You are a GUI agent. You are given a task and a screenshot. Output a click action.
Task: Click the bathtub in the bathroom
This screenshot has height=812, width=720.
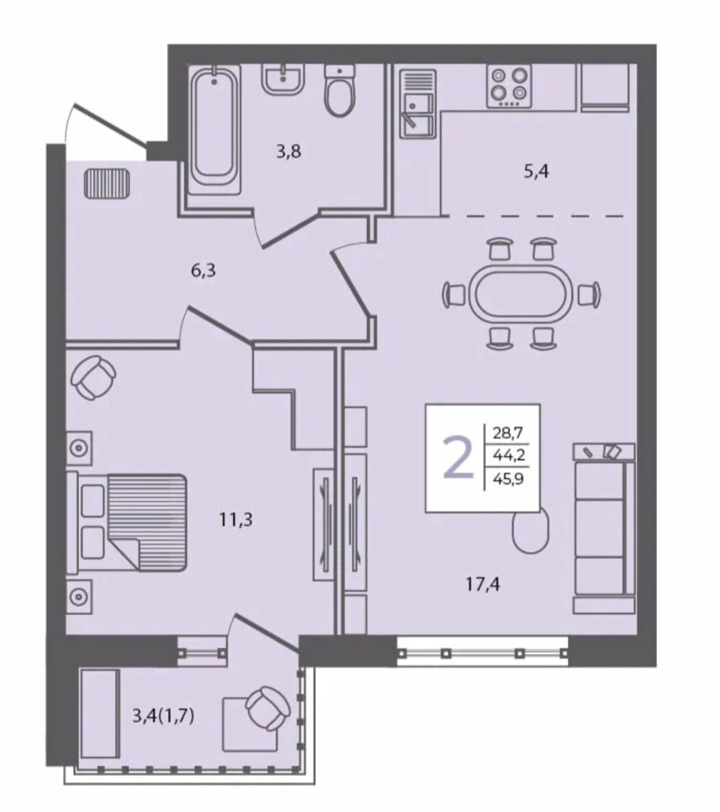point(215,129)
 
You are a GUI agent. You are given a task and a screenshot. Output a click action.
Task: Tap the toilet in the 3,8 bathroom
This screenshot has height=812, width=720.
point(340,90)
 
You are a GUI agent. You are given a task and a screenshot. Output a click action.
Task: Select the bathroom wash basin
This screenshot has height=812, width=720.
point(283,79)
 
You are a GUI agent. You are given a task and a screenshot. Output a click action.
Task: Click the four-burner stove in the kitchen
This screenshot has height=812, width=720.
point(509,86)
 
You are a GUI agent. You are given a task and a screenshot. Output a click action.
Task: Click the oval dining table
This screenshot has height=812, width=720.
point(521,293)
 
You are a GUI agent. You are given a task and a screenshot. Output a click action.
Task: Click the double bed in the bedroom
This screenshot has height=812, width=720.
point(127,522)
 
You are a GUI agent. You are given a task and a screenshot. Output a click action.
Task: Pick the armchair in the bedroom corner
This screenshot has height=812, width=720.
point(93,377)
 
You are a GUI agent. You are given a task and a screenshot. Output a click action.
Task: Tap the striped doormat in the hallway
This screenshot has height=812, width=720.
point(107,183)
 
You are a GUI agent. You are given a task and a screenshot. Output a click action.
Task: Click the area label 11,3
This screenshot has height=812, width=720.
point(235,520)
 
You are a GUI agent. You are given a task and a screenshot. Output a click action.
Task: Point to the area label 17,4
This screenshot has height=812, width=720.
point(483,584)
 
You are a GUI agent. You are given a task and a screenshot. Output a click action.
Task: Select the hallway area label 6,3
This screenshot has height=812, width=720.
point(203,271)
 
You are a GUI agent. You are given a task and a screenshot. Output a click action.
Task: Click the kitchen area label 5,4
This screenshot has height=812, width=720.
point(536,172)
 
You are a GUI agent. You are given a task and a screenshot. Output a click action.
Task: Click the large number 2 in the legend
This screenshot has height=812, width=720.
point(458,458)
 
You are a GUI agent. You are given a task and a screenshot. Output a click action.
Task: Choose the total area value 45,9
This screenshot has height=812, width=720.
point(508,479)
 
